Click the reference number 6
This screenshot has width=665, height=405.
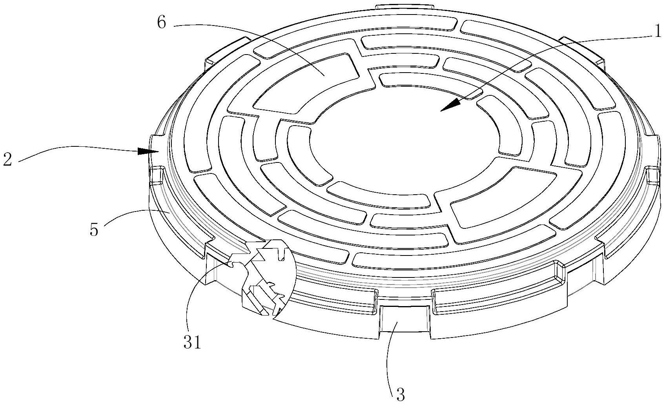coord(161,23)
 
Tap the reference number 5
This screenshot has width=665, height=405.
coord(94,229)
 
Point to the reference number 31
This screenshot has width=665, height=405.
coord(192,342)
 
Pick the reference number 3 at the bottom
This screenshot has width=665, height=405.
coord(400,394)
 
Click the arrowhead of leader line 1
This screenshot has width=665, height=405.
coord(447,106)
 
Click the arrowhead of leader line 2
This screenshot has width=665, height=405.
coord(145,151)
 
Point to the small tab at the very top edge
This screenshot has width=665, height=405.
coord(404,7)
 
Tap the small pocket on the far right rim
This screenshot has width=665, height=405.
coord(651,175)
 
